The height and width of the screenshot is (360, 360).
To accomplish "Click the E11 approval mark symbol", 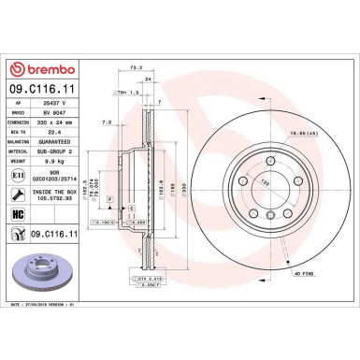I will [19, 175].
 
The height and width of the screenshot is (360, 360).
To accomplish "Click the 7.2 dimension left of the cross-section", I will [106, 122].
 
